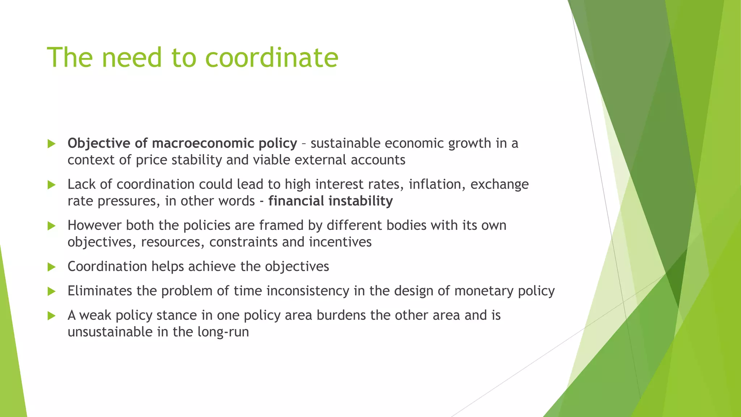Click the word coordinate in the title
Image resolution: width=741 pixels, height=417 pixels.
point(271,58)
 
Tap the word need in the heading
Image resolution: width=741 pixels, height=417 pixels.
point(131,58)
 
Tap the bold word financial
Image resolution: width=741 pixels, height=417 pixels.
point(296,201)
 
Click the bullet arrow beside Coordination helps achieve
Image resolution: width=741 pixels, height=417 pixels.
point(52,267)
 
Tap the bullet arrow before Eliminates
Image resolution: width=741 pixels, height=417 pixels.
point(52,291)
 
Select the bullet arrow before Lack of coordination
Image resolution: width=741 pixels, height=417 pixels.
point(52,185)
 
